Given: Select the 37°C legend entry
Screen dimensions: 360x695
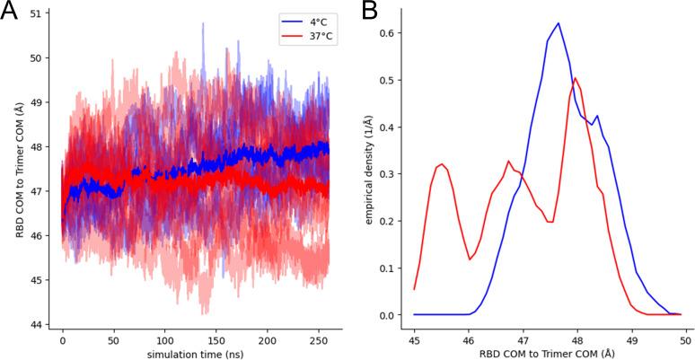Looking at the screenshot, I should point(300,37).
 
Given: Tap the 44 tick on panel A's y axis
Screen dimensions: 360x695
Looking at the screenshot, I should point(37,324).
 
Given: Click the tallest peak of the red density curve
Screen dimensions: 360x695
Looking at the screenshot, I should point(575,78).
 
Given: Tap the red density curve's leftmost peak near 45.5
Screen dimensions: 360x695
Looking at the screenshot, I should point(441,164).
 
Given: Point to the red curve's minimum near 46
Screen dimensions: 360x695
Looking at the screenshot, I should point(470,259).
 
